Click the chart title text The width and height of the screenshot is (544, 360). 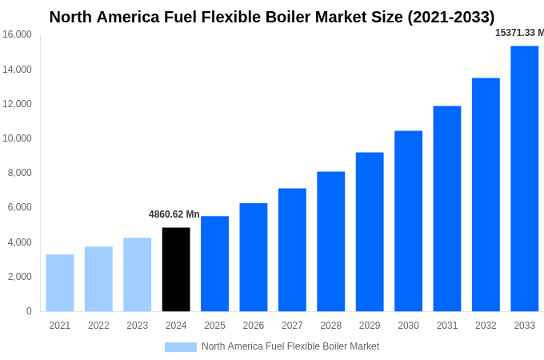(x=272, y=17)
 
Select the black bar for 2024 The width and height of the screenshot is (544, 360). (x=176, y=270)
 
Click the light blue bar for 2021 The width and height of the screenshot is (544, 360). (x=60, y=282)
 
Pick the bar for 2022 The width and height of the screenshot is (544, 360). (x=98, y=278)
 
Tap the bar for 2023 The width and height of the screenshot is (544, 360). (x=137, y=274)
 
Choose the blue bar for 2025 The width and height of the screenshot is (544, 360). (x=214, y=264)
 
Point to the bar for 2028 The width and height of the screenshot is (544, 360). (x=330, y=242)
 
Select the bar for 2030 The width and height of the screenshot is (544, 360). (x=408, y=221)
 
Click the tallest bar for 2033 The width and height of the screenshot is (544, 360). (x=524, y=178)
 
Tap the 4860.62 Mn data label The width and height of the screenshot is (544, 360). (x=174, y=214)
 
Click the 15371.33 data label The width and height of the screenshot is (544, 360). (x=519, y=33)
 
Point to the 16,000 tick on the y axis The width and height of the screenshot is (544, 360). (x=17, y=34)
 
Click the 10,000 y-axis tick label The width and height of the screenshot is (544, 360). (x=17, y=138)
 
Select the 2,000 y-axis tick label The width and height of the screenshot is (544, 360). (x=19, y=277)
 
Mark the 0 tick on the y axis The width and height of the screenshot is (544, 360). (x=29, y=311)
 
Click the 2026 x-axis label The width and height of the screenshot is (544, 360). (x=253, y=326)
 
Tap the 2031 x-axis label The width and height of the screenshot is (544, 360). (x=446, y=326)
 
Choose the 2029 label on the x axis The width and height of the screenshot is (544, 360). (x=370, y=326)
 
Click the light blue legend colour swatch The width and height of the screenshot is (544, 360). (x=181, y=346)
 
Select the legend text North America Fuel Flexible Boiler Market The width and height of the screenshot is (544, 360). (x=290, y=346)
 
